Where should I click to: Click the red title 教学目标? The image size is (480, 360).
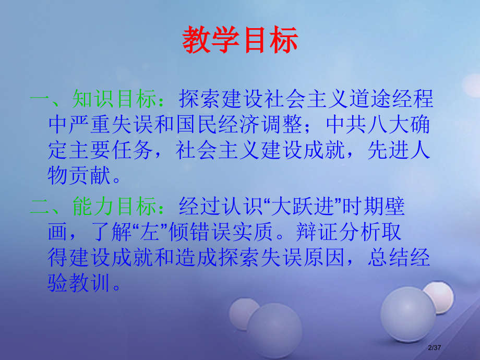tap(241, 40)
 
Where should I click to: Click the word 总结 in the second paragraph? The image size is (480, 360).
tap(389, 258)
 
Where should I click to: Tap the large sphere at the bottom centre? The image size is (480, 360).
tap(274, 334)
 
